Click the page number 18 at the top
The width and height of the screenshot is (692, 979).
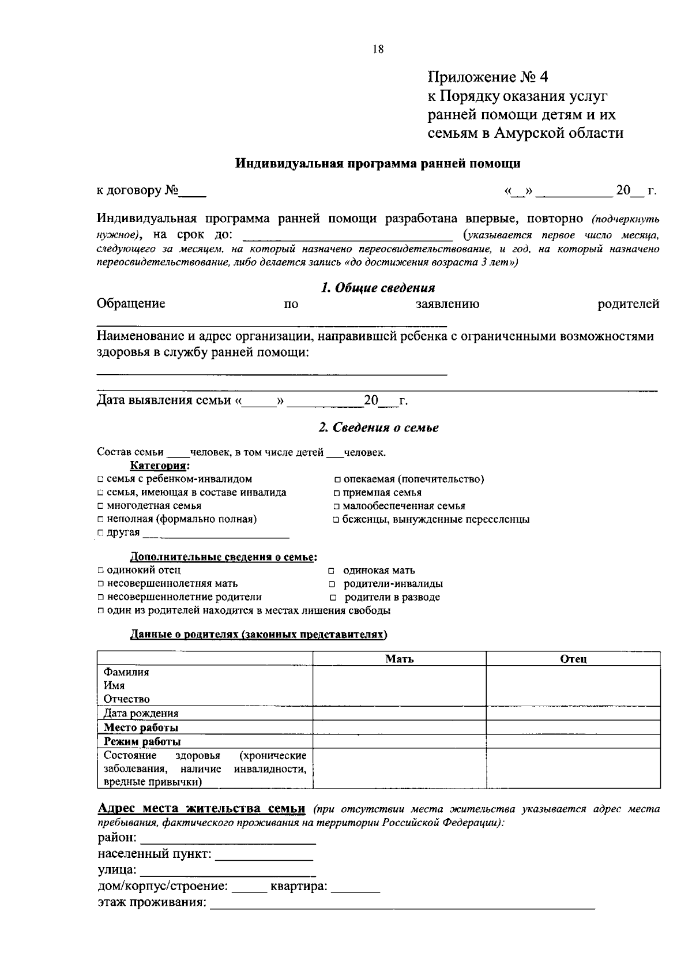[x=378, y=50]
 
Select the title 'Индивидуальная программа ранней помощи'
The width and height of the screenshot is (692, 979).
[x=378, y=164]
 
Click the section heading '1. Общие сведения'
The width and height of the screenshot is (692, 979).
[x=378, y=287]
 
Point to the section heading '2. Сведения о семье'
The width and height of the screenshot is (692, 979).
[x=378, y=427]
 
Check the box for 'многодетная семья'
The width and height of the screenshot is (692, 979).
[x=100, y=506]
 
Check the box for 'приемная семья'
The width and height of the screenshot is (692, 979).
[x=336, y=493]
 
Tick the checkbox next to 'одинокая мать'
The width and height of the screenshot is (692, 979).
[x=332, y=571]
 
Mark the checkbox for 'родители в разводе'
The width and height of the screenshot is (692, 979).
[x=333, y=598]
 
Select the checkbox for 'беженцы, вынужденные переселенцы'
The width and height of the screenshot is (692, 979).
[x=336, y=520]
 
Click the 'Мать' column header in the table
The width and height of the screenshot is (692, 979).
[x=399, y=659]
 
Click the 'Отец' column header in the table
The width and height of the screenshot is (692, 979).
[x=573, y=659]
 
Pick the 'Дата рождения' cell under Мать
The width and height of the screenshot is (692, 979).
[x=399, y=713]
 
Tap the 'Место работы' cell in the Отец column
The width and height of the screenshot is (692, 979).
[x=573, y=727]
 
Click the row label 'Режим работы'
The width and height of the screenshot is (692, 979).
[x=142, y=741]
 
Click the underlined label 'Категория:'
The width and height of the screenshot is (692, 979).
[x=160, y=466]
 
